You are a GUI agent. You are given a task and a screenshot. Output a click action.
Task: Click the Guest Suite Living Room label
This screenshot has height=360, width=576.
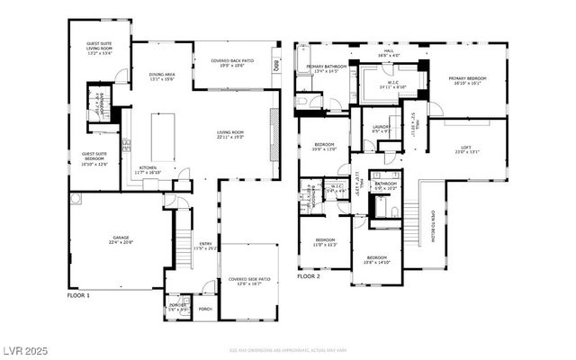pos(99,48)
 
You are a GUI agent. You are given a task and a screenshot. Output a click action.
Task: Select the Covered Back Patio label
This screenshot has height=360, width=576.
pos(232,63)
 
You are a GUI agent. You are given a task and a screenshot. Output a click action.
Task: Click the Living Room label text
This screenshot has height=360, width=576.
pos(230,135)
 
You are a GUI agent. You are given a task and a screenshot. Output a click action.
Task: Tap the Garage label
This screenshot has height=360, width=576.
pos(121,240)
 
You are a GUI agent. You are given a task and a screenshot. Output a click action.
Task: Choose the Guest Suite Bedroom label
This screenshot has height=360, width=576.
pos(94,161)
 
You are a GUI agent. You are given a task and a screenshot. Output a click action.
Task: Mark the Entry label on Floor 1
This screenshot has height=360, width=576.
pos(206,245)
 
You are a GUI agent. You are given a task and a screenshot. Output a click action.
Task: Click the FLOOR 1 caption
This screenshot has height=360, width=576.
pos(79,295)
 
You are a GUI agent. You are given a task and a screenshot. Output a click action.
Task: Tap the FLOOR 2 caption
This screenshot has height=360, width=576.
pos(309,276)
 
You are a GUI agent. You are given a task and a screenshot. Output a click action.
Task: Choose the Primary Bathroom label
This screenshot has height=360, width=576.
pos(327,68)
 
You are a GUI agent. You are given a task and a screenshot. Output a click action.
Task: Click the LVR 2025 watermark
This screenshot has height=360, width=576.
pos(25,349)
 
